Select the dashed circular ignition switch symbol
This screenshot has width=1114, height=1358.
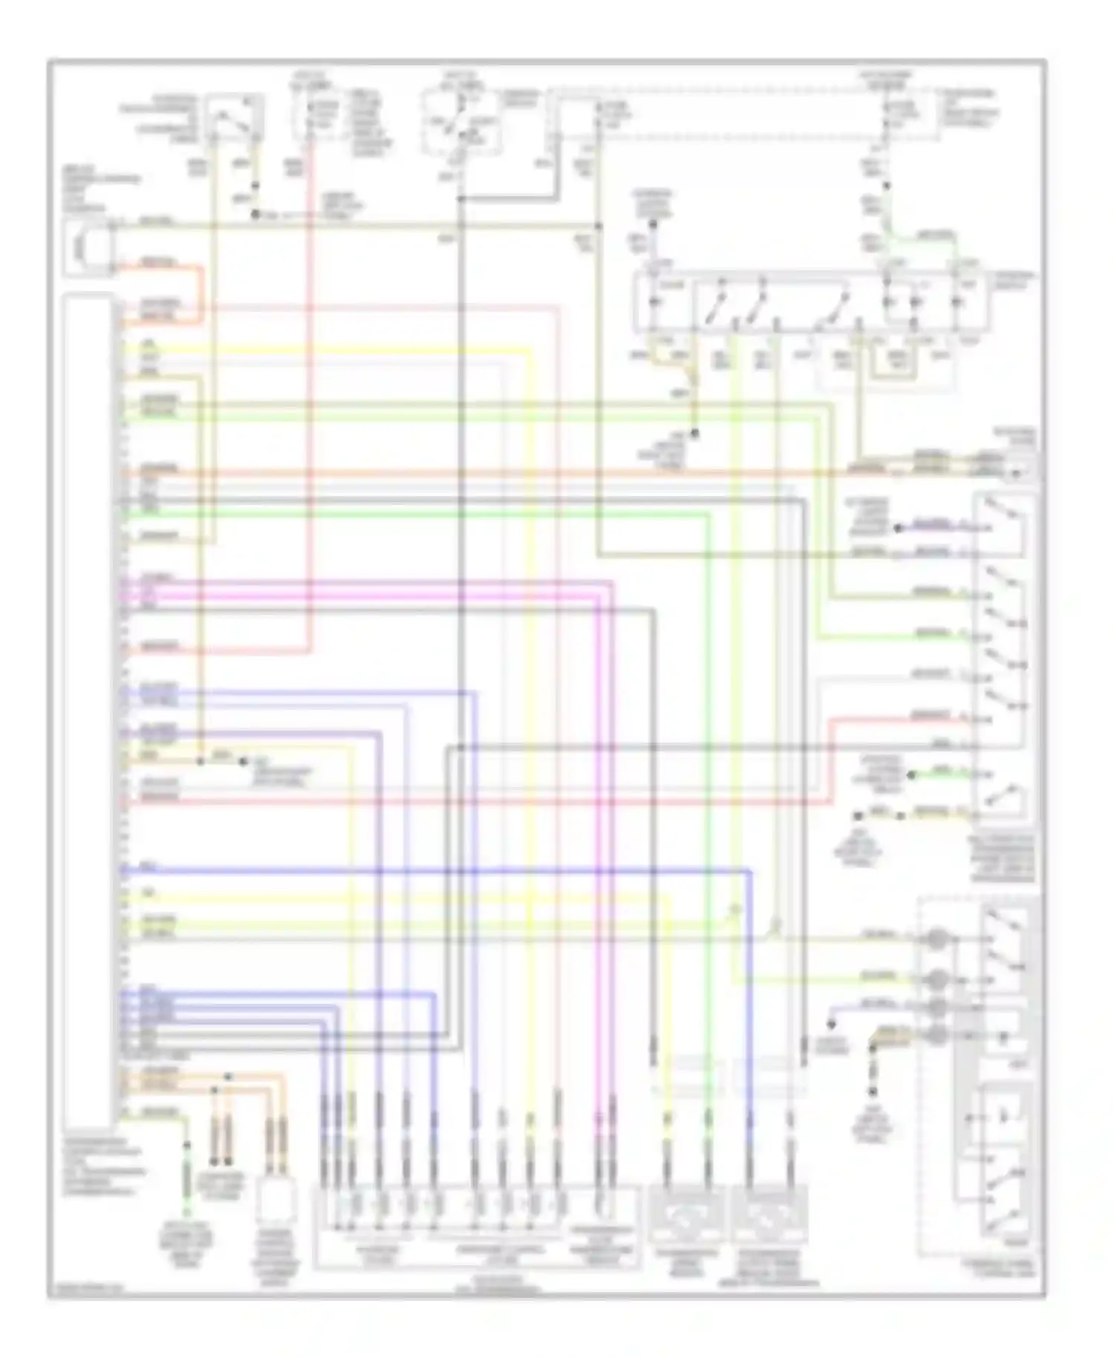(459, 121)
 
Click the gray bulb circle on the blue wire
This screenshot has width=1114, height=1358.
(938, 1007)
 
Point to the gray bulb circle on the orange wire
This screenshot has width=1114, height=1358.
(938, 1034)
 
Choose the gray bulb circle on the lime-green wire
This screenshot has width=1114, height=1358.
(938, 979)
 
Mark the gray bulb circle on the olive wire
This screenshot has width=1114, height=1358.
(938, 938)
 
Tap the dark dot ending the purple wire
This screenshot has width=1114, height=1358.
(897, 528)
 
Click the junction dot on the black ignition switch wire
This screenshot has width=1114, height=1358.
(460, 199)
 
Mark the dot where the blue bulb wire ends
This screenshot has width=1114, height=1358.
(832, 1025)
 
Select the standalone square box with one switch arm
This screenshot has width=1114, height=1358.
(233, 117)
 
